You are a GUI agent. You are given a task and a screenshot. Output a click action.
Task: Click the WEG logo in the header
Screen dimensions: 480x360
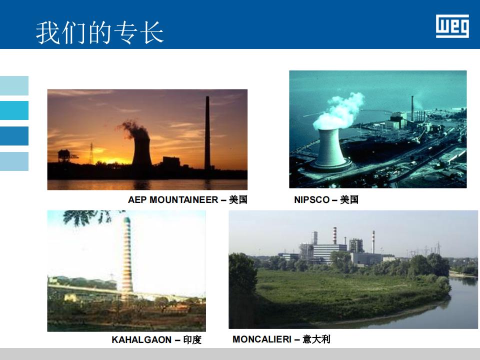(452, 26)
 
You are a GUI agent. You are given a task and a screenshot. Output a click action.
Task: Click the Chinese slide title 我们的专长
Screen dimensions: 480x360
(100, 32)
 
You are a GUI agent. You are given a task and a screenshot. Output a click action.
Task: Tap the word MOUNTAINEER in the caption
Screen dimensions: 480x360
(183, 200)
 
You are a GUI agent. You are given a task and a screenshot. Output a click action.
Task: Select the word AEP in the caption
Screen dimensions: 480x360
(137, 200)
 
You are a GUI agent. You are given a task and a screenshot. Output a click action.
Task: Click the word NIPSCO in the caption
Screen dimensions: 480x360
(311, 200)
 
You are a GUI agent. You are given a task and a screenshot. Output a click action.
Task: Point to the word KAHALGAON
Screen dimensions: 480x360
(141, 340)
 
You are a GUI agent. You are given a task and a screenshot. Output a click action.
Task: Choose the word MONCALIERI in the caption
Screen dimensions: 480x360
(262, 339)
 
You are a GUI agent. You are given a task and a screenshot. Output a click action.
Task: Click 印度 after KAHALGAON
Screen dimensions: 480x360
(192, 340)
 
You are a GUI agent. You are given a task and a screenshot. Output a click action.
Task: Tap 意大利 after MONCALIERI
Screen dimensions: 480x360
(316, 339)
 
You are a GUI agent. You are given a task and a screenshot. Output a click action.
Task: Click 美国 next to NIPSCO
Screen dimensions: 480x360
(349, 200)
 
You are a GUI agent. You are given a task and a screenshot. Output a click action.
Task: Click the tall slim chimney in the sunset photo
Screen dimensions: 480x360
(207, 132)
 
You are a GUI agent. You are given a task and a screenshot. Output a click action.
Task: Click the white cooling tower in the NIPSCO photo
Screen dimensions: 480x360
(330, 148)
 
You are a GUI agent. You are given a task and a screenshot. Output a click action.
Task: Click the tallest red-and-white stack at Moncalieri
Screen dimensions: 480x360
(335, 235)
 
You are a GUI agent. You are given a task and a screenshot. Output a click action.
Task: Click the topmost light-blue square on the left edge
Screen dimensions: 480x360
(14, 85)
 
